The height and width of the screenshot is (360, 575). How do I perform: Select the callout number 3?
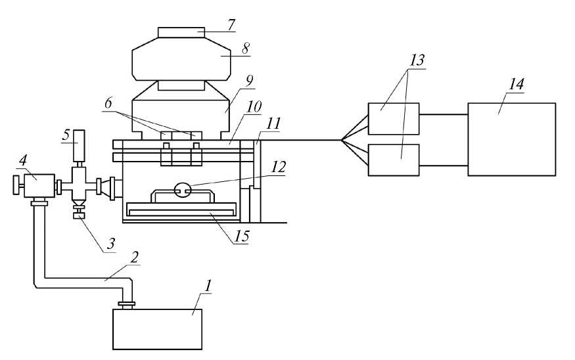(110, 243)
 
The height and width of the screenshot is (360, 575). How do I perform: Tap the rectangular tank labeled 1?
(158, 329)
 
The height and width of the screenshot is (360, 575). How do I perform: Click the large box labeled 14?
(511, 139)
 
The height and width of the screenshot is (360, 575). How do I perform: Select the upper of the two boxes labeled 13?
(393, 118)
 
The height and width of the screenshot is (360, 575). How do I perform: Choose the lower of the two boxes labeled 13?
(393, 160)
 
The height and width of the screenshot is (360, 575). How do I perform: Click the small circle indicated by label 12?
(182, 191)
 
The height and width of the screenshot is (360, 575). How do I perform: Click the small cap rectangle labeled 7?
(181, 32)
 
